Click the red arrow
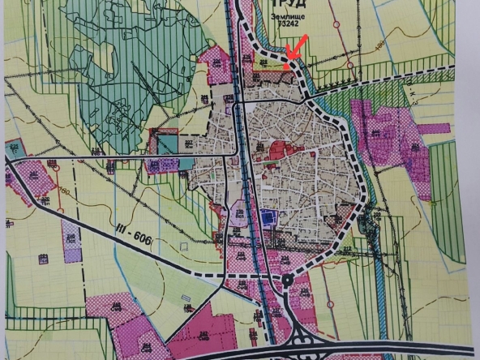point(297,46)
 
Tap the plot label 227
point(189,144)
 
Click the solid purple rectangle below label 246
point(72,252)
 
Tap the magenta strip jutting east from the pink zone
point(431,128)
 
